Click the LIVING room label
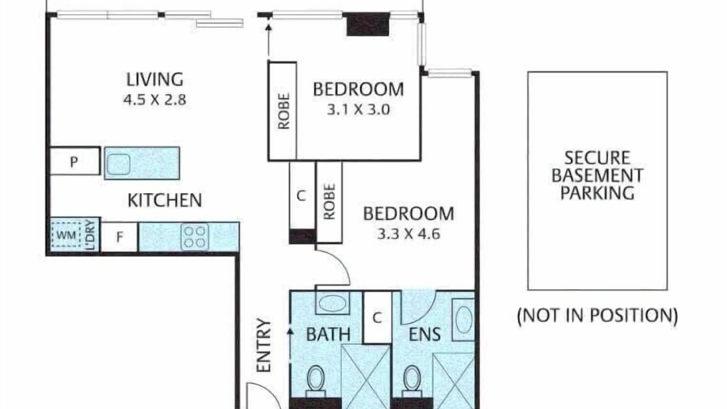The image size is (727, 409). (x=155, y=80)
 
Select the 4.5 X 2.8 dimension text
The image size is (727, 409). (x=155, y=99)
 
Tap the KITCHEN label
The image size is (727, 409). (x=165, y=201)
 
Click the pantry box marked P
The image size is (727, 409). (x=74, y=161)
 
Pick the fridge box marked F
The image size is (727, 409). (x=119, y=237)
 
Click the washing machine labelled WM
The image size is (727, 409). (x=66, y=235)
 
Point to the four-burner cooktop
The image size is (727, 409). (x=194, y=237)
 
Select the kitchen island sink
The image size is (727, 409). (x=119, y=165)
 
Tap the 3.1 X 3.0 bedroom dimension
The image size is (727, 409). (x=358, y=110)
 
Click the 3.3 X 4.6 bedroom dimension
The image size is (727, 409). (x=408, y=233)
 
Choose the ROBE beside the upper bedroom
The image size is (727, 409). (x=283, y=111)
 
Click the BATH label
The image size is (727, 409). (x=328, y=335)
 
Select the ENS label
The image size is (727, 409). (x=425, y=335)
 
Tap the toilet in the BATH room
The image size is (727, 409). (x=316, y=381)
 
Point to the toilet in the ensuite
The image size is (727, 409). (x=412, y=381)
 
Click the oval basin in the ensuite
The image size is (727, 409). (x=464, y=319)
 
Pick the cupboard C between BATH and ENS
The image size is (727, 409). (x=377, y=318)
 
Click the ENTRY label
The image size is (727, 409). (x=264, y=345)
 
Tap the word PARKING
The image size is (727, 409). (x=597, y=193)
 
